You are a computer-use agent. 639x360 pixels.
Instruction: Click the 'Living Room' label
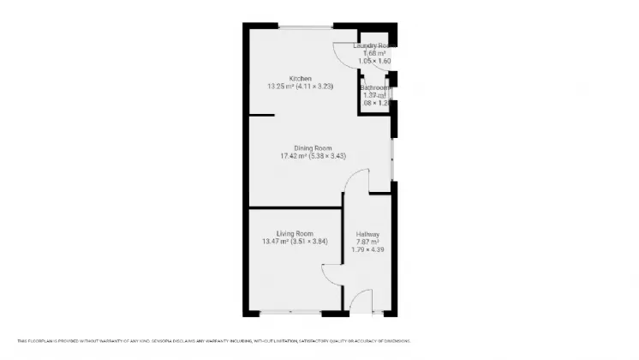tap(294, 233)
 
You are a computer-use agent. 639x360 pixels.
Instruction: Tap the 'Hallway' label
tap(367, 234)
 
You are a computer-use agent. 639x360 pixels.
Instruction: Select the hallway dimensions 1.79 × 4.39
tap(367, 250)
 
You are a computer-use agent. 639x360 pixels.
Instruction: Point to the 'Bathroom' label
tap(375, 87)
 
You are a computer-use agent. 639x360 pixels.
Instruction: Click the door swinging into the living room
tap(332, 273)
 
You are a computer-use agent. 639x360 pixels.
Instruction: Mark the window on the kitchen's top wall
tap(305, 28)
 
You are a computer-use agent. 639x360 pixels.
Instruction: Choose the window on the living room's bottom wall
tap(290, 312)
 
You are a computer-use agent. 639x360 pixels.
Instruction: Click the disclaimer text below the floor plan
tap(213, 340)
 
